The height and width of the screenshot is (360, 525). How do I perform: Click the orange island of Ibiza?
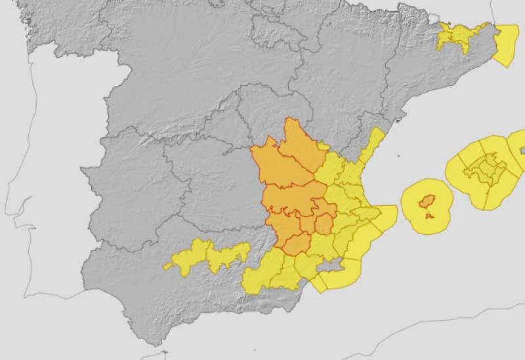click(x=427, y=201)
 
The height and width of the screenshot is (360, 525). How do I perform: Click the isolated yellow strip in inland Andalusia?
click(x=210, y=256)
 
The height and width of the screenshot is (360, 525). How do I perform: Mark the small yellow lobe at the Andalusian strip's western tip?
click(x=173, y=264)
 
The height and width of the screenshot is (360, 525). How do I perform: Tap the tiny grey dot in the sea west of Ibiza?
click(x=398, y=156)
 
